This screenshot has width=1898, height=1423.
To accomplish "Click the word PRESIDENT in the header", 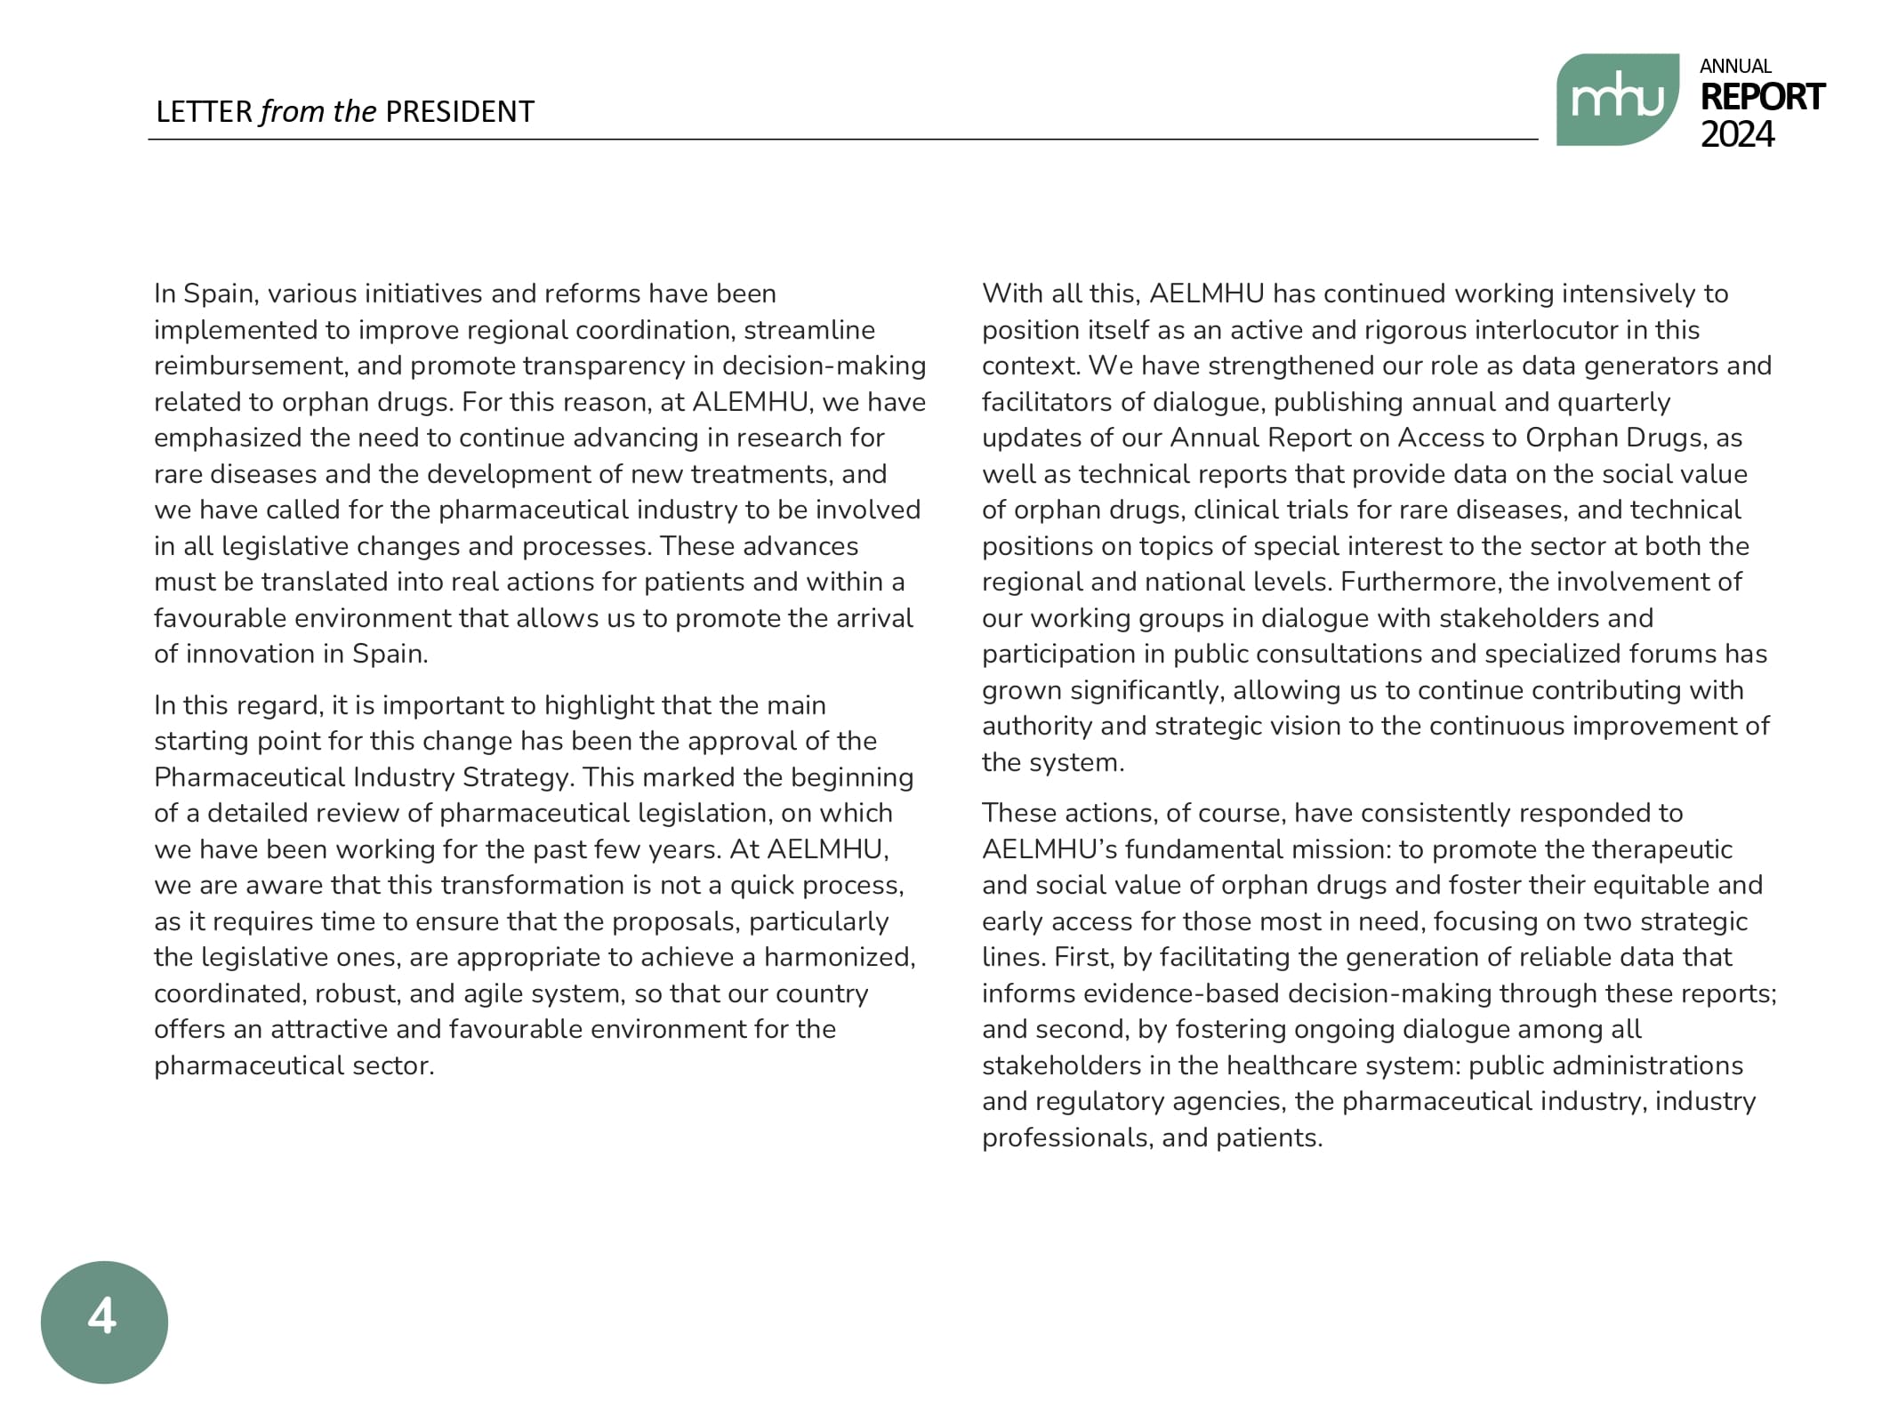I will (459, 112).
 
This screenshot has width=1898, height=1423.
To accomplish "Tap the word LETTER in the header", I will (204, 112).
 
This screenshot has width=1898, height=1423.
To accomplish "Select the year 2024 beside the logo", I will (1736, 134).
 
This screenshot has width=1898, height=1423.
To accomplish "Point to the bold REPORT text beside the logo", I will (1761, 97).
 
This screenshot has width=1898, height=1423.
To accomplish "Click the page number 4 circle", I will (104, 1321).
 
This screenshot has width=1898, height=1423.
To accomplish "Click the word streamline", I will (809, 330).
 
